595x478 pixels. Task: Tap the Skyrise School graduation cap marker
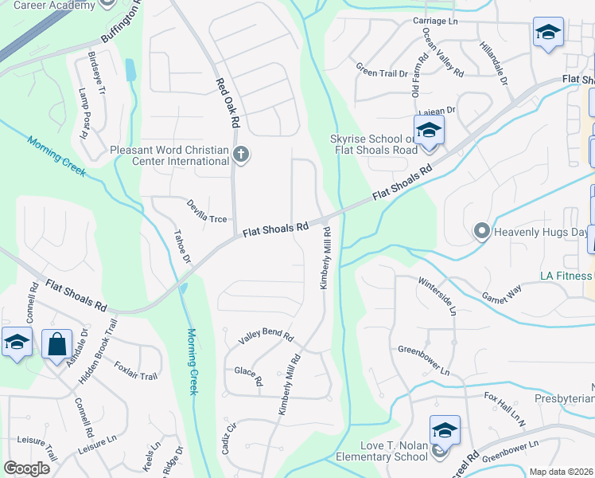(x=429, y=129)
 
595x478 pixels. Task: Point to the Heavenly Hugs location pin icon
(x=480, y=232)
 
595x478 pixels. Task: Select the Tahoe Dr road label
(x=183, y=247)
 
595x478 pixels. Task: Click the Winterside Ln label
(x=437, y=296)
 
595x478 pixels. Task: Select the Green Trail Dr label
(x=382, y=72)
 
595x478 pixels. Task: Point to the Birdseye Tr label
(x=97, y=73)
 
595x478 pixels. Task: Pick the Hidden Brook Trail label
(x=101, y=346)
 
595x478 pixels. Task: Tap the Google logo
(x=26, y=468)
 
